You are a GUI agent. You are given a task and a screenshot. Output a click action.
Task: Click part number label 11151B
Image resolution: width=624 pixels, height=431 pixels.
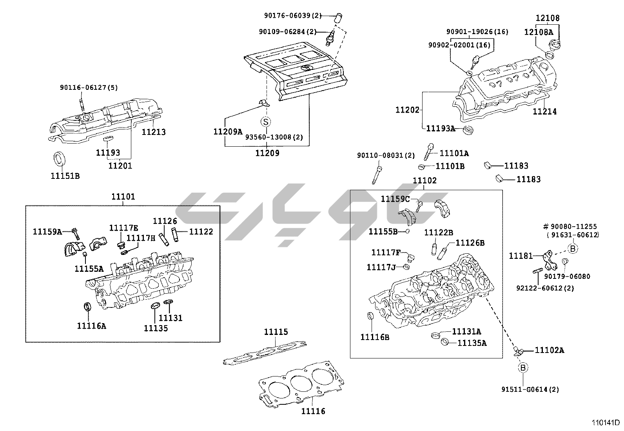65,176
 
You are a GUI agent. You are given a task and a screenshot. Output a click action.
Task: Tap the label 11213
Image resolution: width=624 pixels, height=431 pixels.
154,132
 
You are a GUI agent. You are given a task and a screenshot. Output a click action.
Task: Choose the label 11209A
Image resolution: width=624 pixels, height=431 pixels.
228,132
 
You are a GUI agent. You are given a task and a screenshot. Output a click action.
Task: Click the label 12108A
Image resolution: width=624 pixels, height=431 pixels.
539,32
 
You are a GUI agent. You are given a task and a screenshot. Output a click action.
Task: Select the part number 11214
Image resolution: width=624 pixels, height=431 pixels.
544,111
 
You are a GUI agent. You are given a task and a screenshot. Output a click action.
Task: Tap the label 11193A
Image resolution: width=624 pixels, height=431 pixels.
441,128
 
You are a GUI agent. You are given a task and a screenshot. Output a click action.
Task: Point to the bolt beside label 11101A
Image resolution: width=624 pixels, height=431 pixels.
429,151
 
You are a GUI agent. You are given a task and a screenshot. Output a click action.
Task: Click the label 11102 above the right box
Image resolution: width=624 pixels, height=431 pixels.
424,180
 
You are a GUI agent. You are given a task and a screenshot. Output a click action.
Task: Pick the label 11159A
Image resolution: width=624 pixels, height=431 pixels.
47,232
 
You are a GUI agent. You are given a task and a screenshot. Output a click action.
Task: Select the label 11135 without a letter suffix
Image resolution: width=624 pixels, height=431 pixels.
156,328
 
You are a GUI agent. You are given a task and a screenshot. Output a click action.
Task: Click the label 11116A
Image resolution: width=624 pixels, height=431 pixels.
91,325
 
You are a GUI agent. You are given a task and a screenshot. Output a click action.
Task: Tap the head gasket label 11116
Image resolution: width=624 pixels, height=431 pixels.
313,411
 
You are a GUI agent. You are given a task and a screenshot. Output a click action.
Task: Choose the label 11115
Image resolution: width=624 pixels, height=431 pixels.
276,332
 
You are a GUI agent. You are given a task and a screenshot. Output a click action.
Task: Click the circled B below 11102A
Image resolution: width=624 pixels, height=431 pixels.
523,367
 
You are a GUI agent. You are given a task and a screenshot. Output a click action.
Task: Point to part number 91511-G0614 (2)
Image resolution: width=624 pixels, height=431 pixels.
530,389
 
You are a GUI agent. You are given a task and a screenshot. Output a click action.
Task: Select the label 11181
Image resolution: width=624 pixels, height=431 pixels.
521,256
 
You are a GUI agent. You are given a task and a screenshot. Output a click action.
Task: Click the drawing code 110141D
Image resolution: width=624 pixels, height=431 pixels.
606,423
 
